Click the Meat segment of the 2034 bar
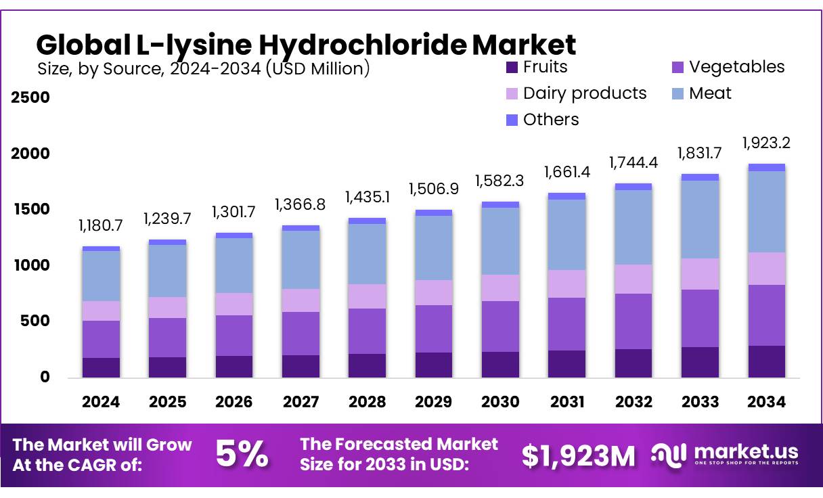point(767,211)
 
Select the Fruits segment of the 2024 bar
point(102,367)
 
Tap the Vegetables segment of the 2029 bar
point(434,328)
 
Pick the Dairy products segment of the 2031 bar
point(567,284)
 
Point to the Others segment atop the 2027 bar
point(301,228)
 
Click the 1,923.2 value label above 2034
point(767,143)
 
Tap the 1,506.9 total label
point(434,189)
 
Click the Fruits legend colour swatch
point(512,68)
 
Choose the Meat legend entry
point(710,93)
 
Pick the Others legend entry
point(551,120)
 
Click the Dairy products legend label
point(585,93)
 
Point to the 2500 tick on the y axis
point(31,97)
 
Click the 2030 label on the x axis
point(500,402)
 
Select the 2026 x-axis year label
point(234,402)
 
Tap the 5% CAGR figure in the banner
point(242,455)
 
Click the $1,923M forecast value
point(579,456)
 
